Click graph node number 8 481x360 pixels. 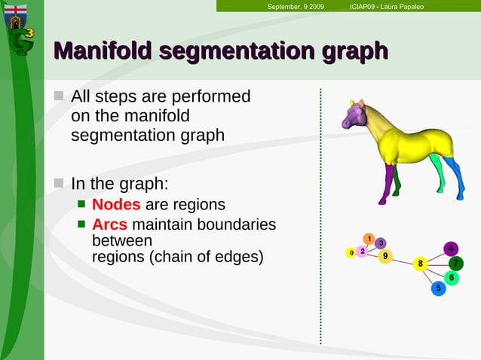[421, 264]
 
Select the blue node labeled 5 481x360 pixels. [438, 288]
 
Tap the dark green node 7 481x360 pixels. [455, 263]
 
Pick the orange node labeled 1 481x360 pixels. [369, 239]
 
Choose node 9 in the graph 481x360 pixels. [385, 256]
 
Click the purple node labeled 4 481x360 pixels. [450, 249]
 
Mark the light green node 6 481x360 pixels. [451, 278]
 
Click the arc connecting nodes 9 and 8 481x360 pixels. [403, 260]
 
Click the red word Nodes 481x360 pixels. [116, 205]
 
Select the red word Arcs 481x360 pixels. [109, 224]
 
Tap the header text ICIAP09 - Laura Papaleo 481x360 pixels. [387, 7]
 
